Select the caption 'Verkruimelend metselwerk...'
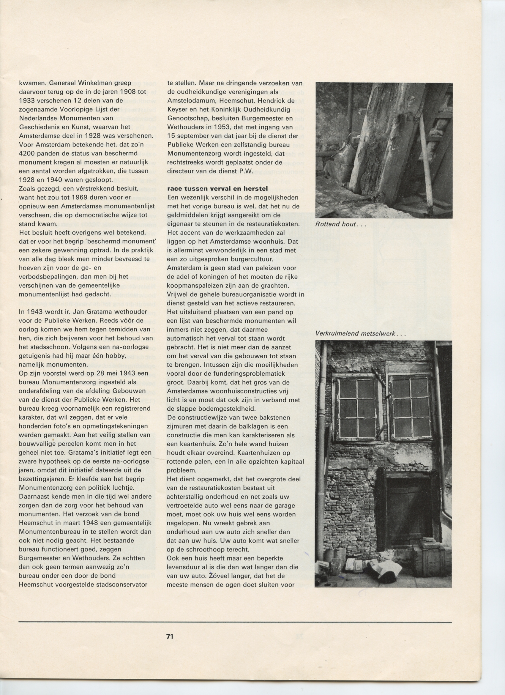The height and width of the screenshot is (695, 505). coord(360,334)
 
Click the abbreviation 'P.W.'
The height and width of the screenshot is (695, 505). coord(246,171)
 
